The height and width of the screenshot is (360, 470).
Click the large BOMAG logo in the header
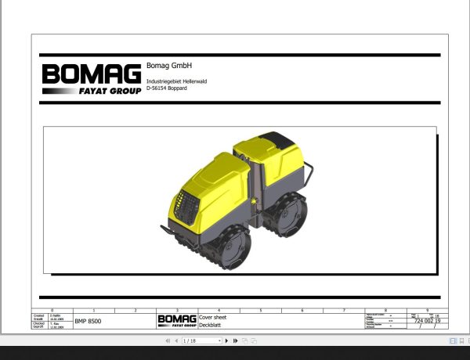pos(91,74)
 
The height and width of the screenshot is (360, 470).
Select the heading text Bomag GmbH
pos(169,66)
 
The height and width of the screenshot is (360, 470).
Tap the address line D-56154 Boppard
pos(168,89)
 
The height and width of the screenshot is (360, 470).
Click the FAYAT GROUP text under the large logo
pos(110,91)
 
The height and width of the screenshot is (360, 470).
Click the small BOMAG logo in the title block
pos(176,320)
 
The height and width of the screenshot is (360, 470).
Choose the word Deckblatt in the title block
pos(210,323)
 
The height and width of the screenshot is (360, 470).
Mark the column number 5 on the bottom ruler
pos(261,311)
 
